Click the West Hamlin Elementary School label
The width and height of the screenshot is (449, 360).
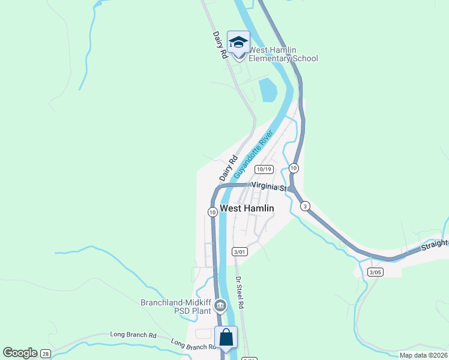coord(283,54)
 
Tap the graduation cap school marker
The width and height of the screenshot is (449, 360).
coord(238,43)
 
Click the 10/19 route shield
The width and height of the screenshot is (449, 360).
coord(268,169)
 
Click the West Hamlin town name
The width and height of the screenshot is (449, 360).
coord(247,208)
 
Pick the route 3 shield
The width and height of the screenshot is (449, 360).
coord(306,206)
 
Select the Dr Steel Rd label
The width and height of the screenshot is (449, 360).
coord(239,293)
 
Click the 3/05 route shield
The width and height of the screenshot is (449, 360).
coord(375,272)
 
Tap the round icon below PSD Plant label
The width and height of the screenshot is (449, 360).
coord(220,307)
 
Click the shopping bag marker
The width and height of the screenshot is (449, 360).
coord(226,338)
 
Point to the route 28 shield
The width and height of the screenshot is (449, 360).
coord(46,354)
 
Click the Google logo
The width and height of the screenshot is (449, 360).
coord(19,353)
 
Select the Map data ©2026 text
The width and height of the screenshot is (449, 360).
coord(423,355)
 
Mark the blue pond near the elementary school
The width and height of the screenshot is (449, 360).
coord(268,90)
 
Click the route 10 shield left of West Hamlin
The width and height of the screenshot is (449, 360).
coord(212,212)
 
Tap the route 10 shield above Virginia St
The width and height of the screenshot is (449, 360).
coord(294,167)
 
